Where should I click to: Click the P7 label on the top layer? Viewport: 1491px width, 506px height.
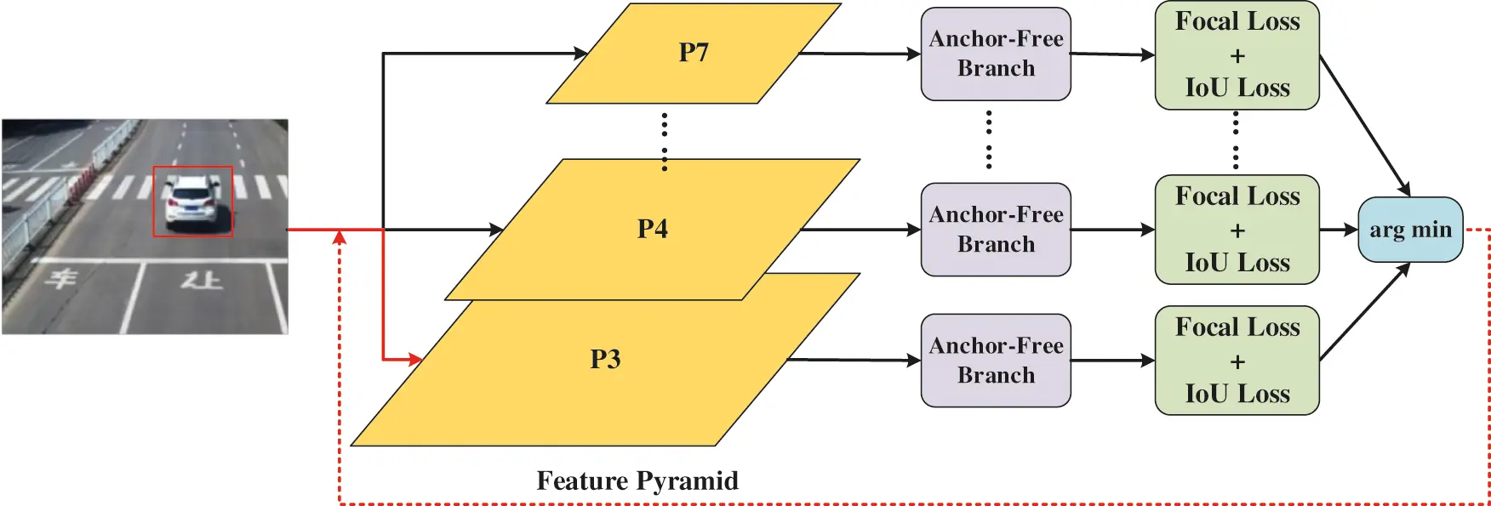pos(694,53)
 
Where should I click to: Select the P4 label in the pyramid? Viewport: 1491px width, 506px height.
pos(653,229)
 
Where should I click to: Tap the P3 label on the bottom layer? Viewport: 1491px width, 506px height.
pos(605,359)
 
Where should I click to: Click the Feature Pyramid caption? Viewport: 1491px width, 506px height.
pos(637,480)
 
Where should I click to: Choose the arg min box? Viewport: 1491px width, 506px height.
pos(1409,230)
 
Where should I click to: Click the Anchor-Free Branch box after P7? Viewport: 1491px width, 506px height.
pos(996,54)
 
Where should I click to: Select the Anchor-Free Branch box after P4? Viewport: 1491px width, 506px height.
pos(996,230)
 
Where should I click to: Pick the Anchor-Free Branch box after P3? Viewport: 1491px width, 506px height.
pos(996,361)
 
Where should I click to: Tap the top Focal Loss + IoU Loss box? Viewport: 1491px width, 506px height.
pos(1237,55)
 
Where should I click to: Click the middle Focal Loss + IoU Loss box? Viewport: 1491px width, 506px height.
pos(1237,230)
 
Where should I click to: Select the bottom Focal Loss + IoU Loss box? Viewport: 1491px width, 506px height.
pos(1237,361)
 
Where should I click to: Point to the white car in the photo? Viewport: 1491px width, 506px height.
pos(193,201)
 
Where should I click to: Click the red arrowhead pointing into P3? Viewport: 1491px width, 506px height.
pos(415,360)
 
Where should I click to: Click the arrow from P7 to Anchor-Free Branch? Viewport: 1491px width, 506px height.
pos(860,54)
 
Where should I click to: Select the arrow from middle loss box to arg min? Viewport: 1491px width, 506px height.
pos(1339,230)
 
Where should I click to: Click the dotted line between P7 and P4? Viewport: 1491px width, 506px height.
pos(665,141)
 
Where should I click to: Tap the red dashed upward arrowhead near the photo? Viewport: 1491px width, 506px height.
pos(340,237)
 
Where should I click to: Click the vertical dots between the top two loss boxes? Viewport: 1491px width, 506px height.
pos(1236,141)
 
